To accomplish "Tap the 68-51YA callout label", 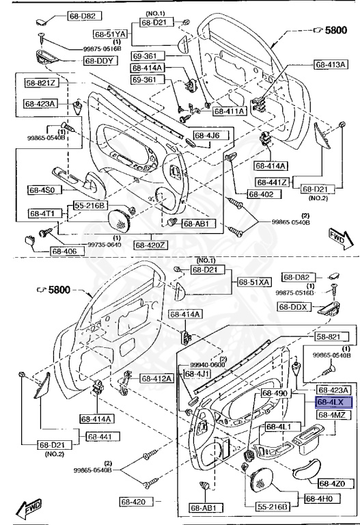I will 111,33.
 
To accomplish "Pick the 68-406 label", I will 47,252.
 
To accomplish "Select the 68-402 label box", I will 261,195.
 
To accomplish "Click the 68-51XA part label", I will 254,282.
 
